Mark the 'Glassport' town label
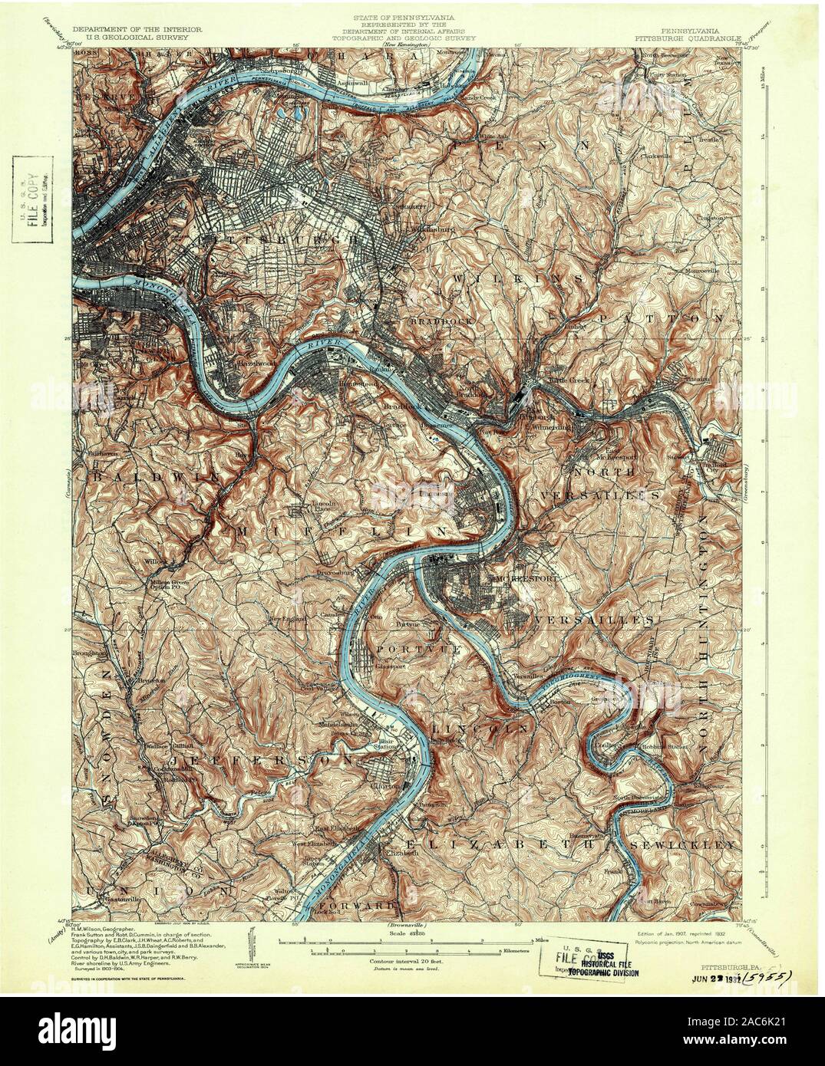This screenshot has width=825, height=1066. (x=391, y=666)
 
